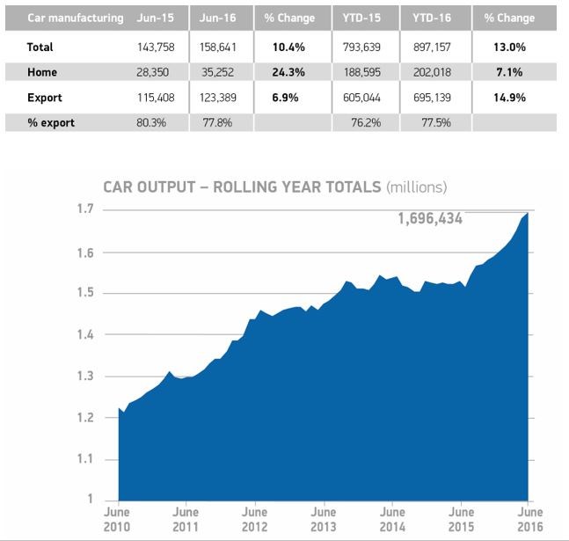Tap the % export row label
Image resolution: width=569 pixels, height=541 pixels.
(x=50, y=123)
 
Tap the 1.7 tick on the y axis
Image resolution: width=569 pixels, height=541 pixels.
(x=86, y=210)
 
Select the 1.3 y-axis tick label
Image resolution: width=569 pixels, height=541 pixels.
(x=86, y=377)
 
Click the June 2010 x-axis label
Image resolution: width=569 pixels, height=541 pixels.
(x=117, y=517)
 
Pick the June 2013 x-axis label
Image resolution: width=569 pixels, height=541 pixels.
(x=324, y=517)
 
